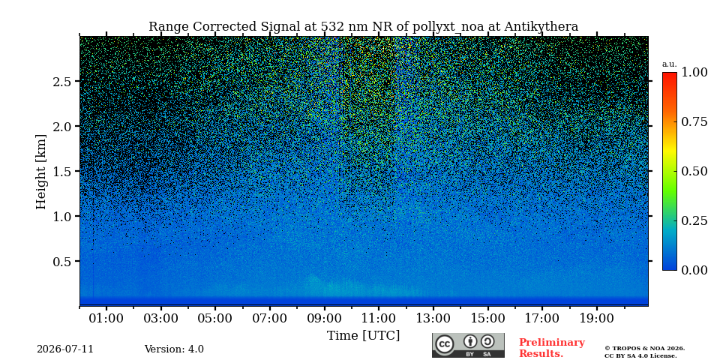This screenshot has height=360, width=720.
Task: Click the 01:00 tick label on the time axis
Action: pyautogui.click(x=106, y=318)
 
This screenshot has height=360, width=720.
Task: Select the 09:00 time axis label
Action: pyautogui.click(x=325, y=318)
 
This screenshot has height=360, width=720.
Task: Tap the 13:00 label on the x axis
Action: pyautogui.click(x=433, y=318)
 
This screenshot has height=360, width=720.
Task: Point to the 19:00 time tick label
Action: pyautogui.click(x=597, y=318)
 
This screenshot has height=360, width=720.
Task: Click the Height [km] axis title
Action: pyautogui.click(x=41, y=172)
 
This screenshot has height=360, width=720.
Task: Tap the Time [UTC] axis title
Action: pyautogui.click(x=363, y=336)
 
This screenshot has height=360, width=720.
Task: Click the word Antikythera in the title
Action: pyautogui.click(x=541, y=27)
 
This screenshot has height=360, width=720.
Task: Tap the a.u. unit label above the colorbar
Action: pyautogui.click(x=670, y=64)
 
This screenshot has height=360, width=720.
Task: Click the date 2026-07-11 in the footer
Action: pyautogui.click(x=65, y=349)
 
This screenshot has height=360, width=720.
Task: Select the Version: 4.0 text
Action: pyautogui.click(x=174, y=349)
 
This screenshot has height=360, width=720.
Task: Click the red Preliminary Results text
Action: pyautogui.click(x=552, y=348)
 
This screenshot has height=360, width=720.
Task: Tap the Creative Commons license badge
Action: pyautogui.click(x=468, y=345)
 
